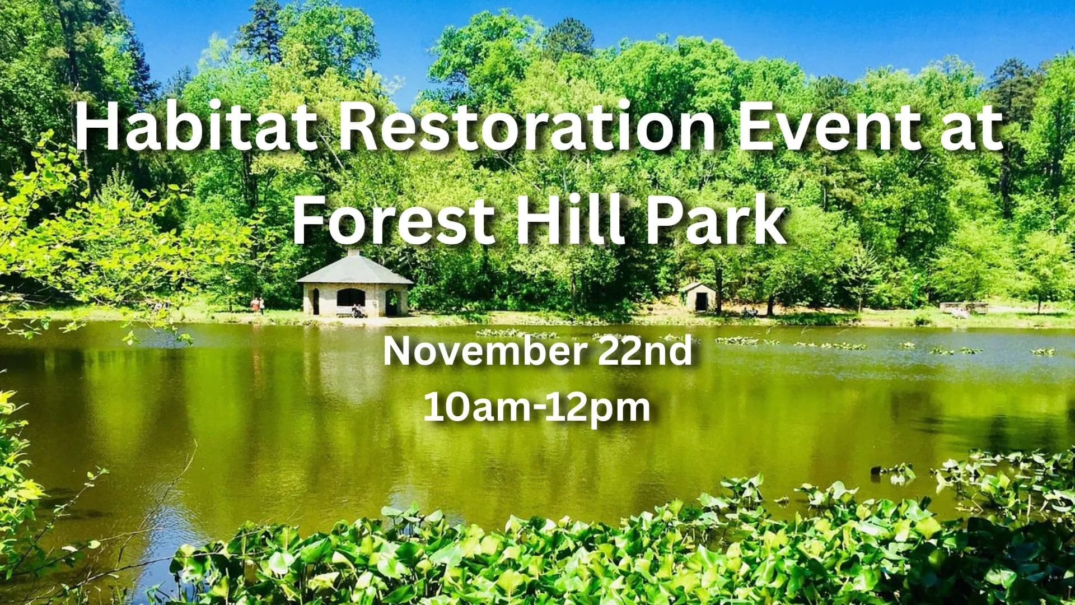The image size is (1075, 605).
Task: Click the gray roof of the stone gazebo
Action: pos(354,271)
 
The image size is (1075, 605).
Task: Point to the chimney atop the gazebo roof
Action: pos(354,253)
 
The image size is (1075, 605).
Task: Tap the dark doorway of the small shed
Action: pos(699,302)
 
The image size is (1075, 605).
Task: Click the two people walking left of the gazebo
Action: pos(257,305)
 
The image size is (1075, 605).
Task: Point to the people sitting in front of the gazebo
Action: pos(357,311)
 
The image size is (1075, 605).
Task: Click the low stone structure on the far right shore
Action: pos(964,308)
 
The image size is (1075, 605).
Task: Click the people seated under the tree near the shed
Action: pos(750,312)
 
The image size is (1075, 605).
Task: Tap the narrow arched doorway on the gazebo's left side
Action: pos(315,301)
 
